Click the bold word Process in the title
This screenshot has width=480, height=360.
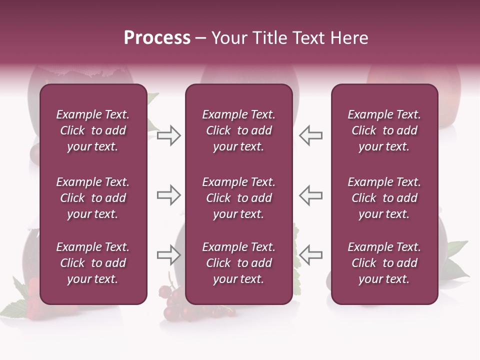click(x=157, y=38)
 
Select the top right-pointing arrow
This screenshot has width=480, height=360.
click(x=169, y=135)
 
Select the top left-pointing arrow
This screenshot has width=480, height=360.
click(x=311, y=135)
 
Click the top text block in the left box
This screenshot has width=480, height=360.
click(x=93, y=130)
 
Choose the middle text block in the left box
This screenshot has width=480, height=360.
click(x=93, y=198)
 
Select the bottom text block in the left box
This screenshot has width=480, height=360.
click(x=93, y=263)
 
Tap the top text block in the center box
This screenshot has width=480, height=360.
click(x=238, y=130)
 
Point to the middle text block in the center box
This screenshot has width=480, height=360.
click(x=238, y=198)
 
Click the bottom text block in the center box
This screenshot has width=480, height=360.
click(x=238, y=263)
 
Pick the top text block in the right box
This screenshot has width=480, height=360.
click(x=384, y=130)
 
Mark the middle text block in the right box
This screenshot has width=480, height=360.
click(x=384, y=198)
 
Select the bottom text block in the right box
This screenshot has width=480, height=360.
click(x=384, y=263)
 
